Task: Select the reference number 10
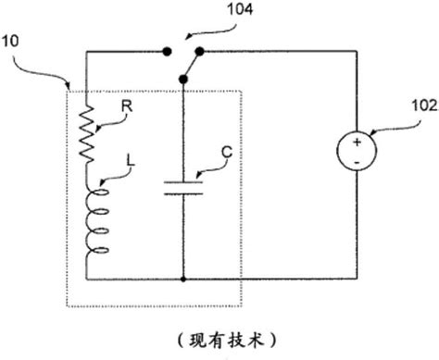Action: click(x=19, y=43)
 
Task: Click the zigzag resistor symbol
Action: click(x=87, y=131)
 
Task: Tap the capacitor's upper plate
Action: click(x=183, y=182)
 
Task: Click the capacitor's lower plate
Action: click(x=183, y=195)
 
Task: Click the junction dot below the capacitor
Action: click(x=183, y=278)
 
